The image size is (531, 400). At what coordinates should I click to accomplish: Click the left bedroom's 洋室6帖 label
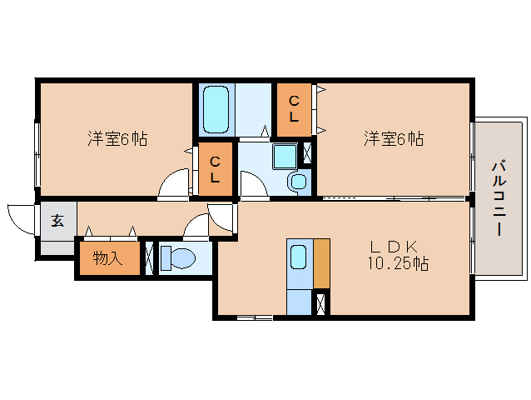pyautogui.click(x=117, y=139)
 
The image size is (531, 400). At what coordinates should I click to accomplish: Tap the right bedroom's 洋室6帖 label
pyautogui.click(x=393, y=139)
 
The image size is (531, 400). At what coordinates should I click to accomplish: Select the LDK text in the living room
pyautogui.click(x=399, y=247)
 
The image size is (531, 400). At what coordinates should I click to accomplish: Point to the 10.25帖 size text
pyautogui.click(x=398, y=264)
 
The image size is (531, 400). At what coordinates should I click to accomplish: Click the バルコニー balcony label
pyautogui.click(x=499, y=197)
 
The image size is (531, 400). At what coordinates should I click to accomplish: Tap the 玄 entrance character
pyautogui.click(x=57, y=221)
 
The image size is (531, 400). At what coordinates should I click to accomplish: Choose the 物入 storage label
pyautogui.click(x=107, y=259)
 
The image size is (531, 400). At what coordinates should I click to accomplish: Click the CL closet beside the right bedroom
pyautogui.click(x=294, y=109)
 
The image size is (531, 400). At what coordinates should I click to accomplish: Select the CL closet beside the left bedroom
pyautogui.click(x=215, y=170)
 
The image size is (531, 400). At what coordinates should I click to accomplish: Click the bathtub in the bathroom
pyautogui.click(x=216, y=108)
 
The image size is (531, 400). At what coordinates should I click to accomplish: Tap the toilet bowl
pyautogui.click(x=176, y=258)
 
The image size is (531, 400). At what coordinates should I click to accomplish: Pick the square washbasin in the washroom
pyautogui.click(x=285, y=156)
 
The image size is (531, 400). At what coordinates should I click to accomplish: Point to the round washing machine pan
pyautogui.click(x=298, y=181)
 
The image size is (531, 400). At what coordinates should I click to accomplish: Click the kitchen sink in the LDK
pyautogui.click(x=299, y=258)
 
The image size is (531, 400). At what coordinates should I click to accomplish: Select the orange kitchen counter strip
pyautogui.click(x=321, y=262)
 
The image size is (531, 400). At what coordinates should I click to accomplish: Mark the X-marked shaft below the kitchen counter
pyautogui.click(x=320, y=303)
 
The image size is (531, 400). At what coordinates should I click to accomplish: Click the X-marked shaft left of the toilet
pyautogui.click(x=149, y=258)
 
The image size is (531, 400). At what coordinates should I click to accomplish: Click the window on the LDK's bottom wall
pyautogui.click(x=254, y=317)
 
